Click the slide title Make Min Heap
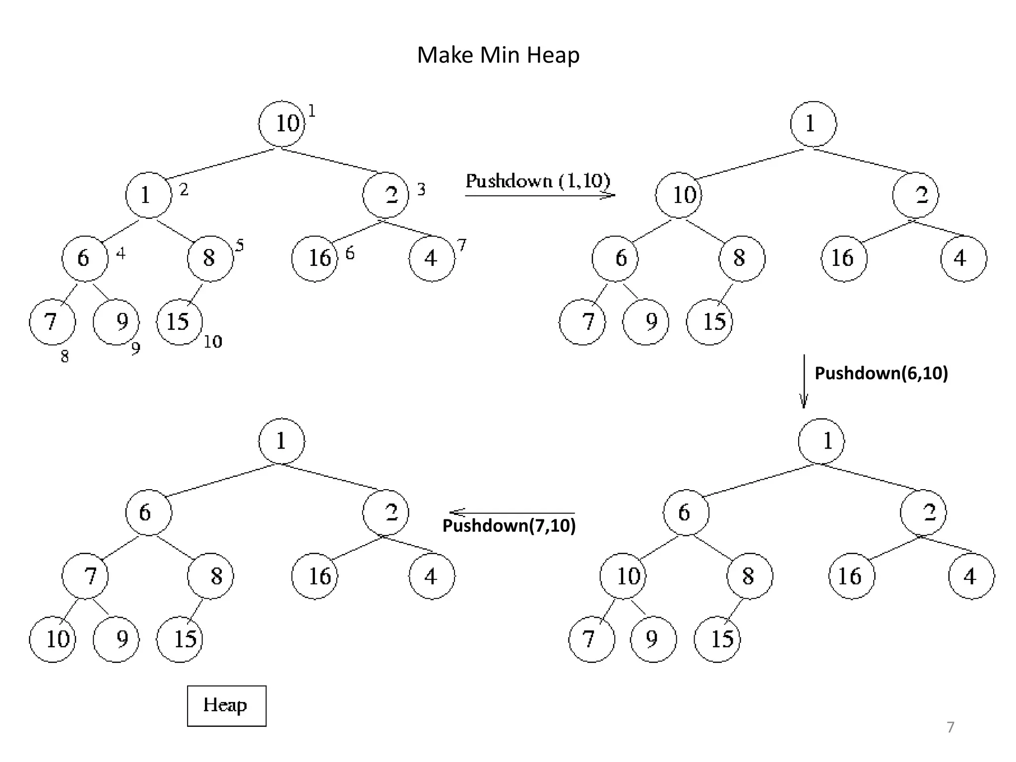(x=498, y=55)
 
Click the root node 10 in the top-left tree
(x=282, y=124)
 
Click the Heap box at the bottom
(x=226, y=705)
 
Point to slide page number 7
(x=950, y=727)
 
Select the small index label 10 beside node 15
(x=213, y=341)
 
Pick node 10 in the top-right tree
(x=679, y=195)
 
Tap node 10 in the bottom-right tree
(x=623, y=576)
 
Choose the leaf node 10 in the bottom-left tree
(x=53, y=639)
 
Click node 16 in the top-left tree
(x=315, y=258)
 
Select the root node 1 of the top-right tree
(x=813, y=124)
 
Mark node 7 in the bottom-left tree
(x=85, y=576)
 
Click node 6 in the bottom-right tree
(x=686, y=512)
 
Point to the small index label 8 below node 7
(x=64, y=356)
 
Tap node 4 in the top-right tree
(x=963, y=258)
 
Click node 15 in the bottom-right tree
(x=717, y=639)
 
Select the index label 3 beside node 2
(x=421, y=189)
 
